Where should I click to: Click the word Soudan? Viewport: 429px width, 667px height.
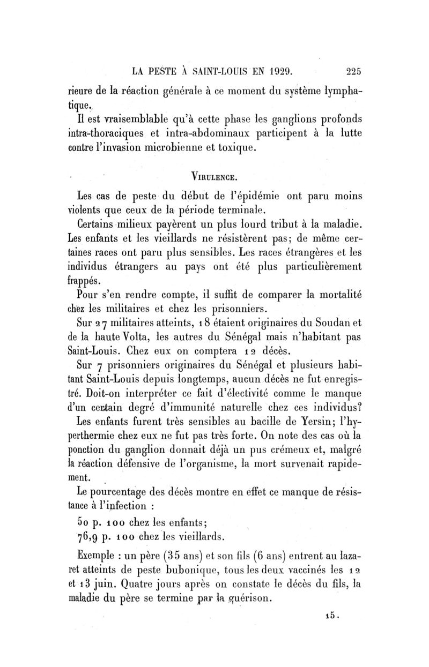pos(328,322)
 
